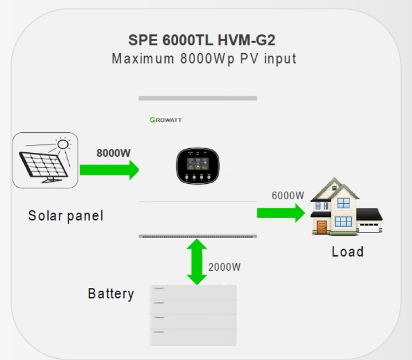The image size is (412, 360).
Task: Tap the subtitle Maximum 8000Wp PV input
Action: point(204,58)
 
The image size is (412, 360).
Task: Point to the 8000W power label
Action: point(113,153)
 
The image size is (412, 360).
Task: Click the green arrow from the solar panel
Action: point(109,169)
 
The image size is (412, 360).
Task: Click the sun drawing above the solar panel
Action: point(64,144)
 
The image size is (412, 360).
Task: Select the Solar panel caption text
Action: point(66,216)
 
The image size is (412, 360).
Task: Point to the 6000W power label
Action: point(288,195)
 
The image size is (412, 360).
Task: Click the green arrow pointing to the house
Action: point(280,213)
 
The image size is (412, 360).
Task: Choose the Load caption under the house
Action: point(347,251)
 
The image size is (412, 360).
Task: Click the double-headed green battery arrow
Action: point(197,262)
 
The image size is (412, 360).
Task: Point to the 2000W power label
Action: point(224,267)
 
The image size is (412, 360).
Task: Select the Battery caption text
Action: point(111,294)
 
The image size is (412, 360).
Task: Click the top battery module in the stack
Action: point(193,292)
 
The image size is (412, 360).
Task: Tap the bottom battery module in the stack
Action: point(193,337)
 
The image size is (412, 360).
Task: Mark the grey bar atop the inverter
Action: point(197,98)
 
